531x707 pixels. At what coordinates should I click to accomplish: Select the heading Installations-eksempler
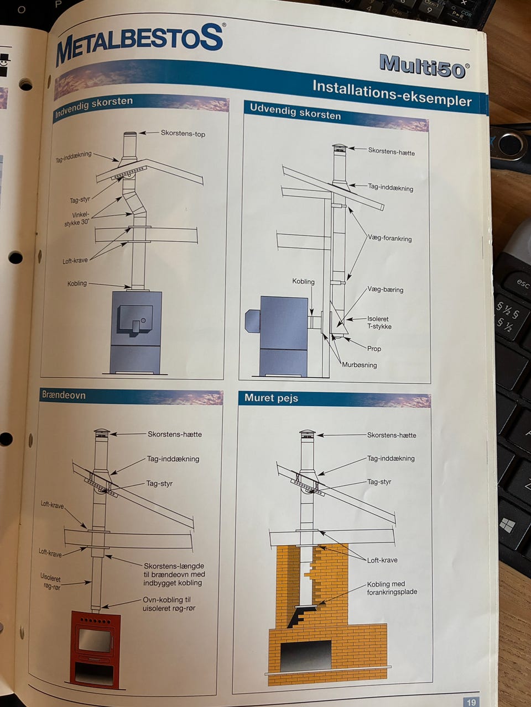[x=392, y=93]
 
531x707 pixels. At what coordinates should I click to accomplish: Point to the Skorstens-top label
[x=183, y=133]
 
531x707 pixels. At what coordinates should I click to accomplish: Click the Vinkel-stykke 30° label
[x=77, y=219]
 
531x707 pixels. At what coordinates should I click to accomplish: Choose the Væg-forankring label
[x=390, y=239]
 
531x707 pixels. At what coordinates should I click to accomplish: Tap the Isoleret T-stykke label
[x=379, y=323]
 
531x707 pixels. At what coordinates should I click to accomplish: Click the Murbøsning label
[x=359, y=365]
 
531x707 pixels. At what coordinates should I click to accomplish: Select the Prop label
[x=374, y=349]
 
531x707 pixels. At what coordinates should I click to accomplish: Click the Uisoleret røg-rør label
[x=51, y=582]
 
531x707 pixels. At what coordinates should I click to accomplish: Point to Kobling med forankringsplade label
[x=392, y=588]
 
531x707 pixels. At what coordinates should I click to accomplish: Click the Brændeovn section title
[x=64, y=395]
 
